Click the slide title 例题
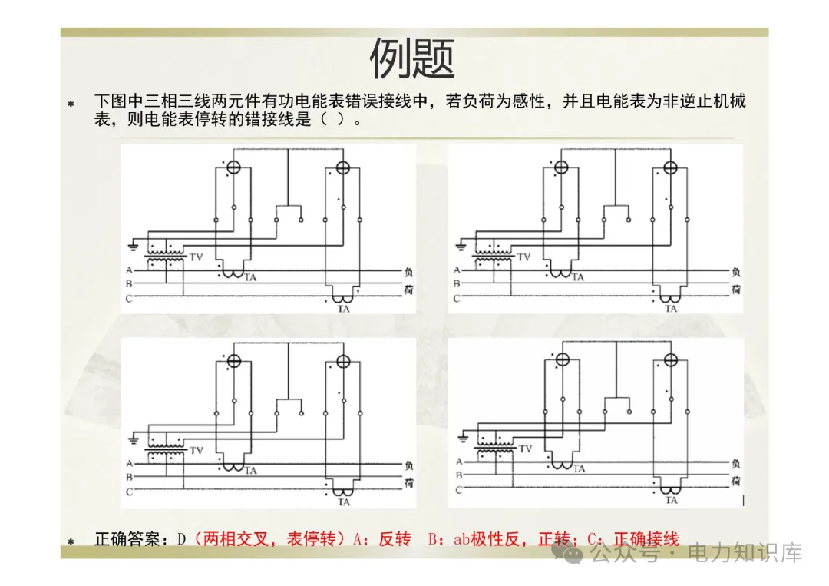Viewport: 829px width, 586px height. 413,59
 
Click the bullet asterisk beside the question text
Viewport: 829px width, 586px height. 71,103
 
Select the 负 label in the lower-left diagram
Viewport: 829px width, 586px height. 408,464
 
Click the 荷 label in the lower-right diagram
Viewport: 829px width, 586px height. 735,481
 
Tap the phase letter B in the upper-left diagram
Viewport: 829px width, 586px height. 129,284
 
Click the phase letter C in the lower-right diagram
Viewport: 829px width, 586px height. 457,489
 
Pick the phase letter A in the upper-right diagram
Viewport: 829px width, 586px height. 457,270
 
